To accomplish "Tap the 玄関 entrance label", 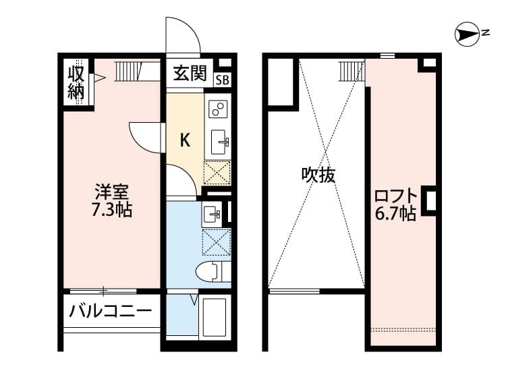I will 190,74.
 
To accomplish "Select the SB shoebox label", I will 222,80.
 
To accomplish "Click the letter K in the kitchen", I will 185,140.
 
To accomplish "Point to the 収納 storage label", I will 76,82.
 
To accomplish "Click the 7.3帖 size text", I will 111,210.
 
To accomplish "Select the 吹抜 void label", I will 318,175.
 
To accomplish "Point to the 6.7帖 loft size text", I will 395,215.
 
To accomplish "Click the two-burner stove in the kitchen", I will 218,108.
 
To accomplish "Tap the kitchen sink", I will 219,142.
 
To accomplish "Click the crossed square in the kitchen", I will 217,173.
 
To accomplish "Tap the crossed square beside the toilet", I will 217,241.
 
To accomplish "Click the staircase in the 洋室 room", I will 126,70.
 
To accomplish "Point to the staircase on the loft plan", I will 351,69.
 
